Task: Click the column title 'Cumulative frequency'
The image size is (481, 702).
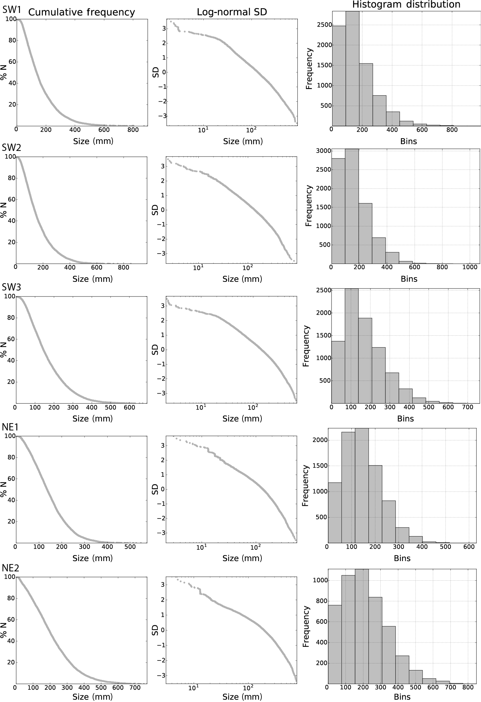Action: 81,13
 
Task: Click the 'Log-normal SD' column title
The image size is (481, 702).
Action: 232,13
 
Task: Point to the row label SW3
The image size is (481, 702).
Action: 12,287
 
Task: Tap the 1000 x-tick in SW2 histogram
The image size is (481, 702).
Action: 469,267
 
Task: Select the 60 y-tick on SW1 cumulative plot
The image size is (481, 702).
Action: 11,62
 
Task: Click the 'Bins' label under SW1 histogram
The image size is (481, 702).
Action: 408,141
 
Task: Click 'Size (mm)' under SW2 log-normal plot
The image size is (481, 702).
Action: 242,279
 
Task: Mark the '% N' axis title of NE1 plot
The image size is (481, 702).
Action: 4,489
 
